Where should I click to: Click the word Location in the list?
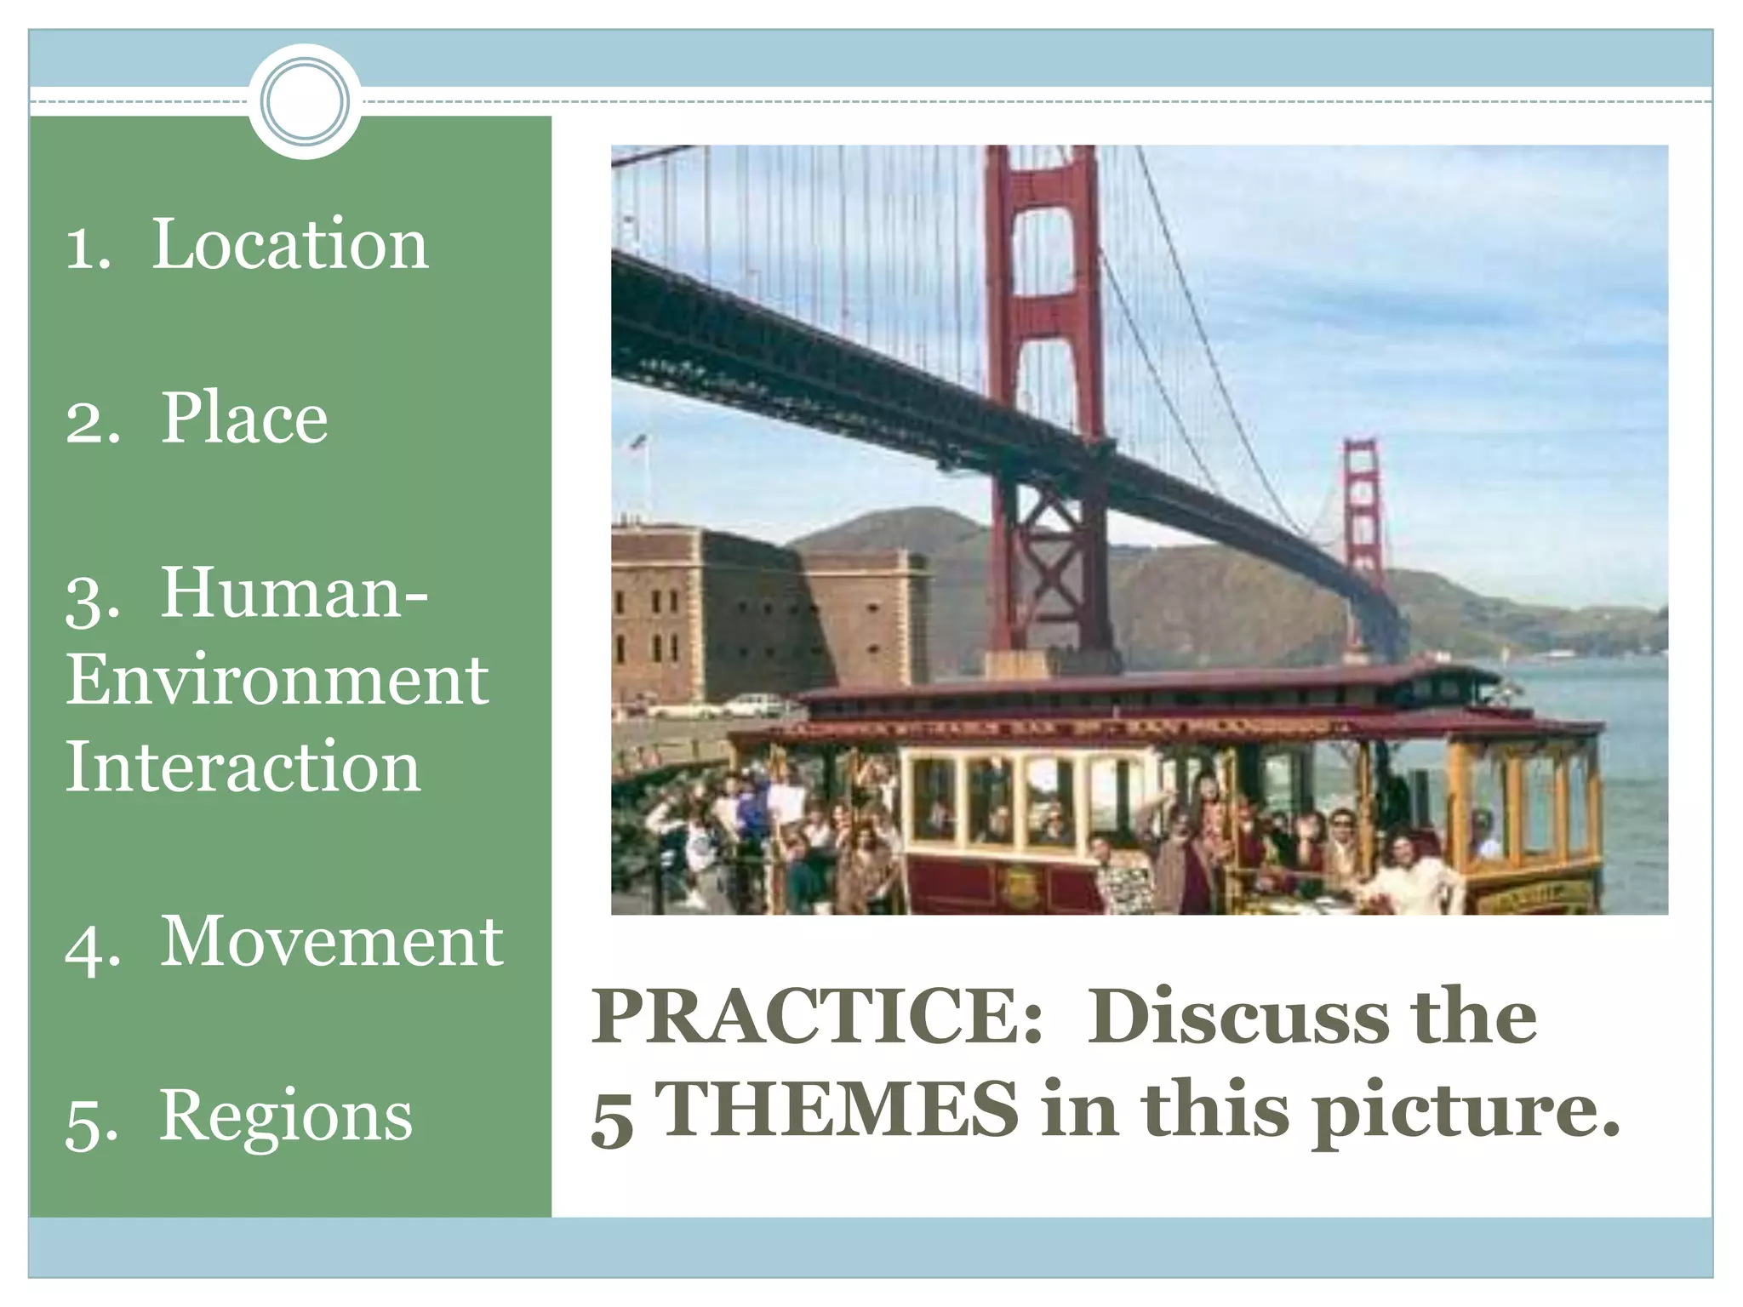[x=289, y=244]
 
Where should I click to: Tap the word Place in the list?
[x=244, y=418]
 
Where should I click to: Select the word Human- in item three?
[x=294, y=592]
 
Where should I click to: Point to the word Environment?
[x=277, y=680]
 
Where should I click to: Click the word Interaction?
[x=243, y=767]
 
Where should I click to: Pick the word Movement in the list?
[x=332, y=942]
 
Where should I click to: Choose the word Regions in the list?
[x=286, y=1116]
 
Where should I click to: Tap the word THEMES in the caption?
[x=838, y=1110]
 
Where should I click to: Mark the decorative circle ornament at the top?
[x=305, y=101]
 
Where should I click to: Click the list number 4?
[x=91, y=947]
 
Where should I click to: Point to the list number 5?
[x=91, y=1122]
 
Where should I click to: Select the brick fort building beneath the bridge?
[x=766, y=613]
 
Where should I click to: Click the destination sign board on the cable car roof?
[x=1064, y=728]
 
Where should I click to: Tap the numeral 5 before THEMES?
[x=613, y=1116]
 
